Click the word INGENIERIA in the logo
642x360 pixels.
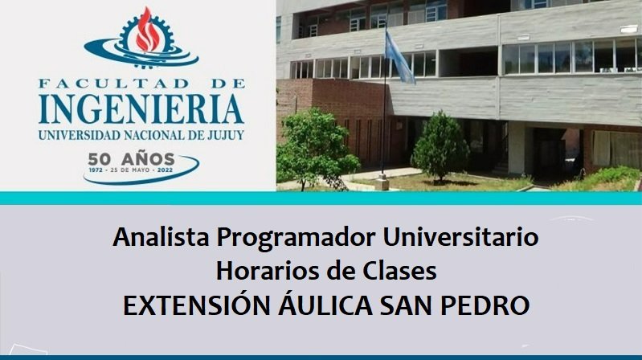point(141,110)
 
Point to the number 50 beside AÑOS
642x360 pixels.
point(100,159)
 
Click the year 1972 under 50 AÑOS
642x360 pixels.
point(96,170)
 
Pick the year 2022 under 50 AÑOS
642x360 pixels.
point(165,170)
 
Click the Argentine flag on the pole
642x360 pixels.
point(399,57)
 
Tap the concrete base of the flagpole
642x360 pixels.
point(382,182)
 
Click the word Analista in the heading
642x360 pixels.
point(161,237)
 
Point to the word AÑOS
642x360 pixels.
point(148,158)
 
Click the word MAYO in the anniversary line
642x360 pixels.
point(141,170)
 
